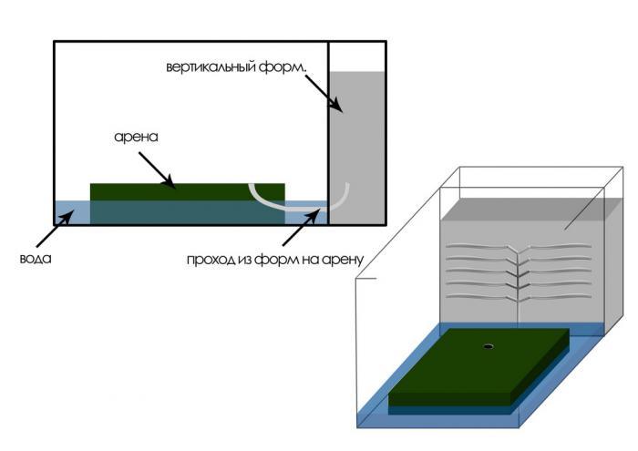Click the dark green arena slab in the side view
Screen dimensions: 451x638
[187, 191]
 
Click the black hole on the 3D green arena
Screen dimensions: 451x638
[488, 346]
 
